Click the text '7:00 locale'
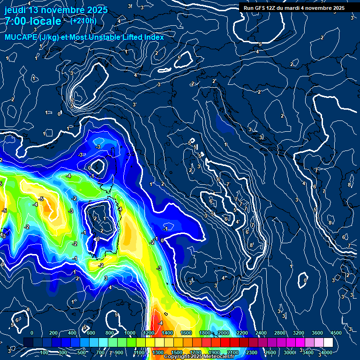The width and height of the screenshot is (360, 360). click(x=32, y=21)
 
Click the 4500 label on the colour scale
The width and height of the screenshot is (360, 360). click(x=336, y=333)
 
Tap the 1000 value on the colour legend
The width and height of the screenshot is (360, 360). click(x=129, y=333)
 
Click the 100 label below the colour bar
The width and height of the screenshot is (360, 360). click(x=45, y=352)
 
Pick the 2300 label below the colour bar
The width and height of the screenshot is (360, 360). click(x=252, y=352)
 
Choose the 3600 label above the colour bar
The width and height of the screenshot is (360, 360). click(x=317, y=333)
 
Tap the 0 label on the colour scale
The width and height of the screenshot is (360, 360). click(x=32, y=333)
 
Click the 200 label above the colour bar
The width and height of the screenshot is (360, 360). click(x=53, y=333)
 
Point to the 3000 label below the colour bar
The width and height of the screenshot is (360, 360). click(x=289, y=352)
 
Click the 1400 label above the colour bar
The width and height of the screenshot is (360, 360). click(x=167, y=333)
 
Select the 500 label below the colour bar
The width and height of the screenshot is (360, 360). click(x=83, y=352)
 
